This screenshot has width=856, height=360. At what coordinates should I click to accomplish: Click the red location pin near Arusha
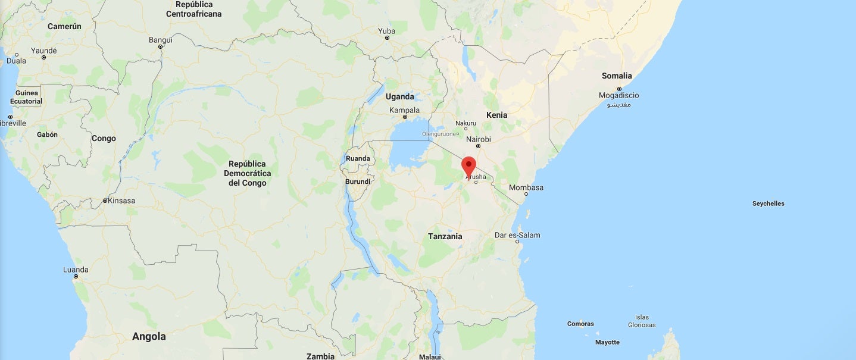(x=469, y=165)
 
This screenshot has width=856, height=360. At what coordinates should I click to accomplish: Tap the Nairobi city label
(x=479, y=139)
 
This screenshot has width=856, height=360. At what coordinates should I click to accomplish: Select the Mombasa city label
(x=526, y=187)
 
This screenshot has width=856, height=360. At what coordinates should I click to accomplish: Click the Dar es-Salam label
(x=517, y=235)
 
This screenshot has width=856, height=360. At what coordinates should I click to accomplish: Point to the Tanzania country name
(x=445, y=236)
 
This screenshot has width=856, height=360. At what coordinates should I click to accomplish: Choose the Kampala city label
(x=404, y=110)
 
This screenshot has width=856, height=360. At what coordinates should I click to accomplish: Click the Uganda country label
(x=399, y=96)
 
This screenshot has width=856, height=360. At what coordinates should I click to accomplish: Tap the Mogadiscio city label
(x=619, y=95)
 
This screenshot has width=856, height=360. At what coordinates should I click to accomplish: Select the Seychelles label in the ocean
(x=768, y=204)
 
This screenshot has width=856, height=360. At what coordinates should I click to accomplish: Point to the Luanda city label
(x=76, y=270)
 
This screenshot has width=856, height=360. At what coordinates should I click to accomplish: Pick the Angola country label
(x=149, y=336)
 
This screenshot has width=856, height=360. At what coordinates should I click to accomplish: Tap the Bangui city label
(x=161, y=40)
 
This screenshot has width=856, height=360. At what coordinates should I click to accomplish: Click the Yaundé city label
(x=43, y=51)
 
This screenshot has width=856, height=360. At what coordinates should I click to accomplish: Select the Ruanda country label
(x=358, y=158)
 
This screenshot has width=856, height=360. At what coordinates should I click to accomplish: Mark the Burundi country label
(x=357, y=181)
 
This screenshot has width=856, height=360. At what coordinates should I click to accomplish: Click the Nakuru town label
(x=466, y=123)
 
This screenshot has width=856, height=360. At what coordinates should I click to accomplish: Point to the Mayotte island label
(x=607, y=342)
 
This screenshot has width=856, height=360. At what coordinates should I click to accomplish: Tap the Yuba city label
(x=387, y=31)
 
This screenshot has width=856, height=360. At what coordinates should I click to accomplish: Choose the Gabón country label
(x=47, y=134)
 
